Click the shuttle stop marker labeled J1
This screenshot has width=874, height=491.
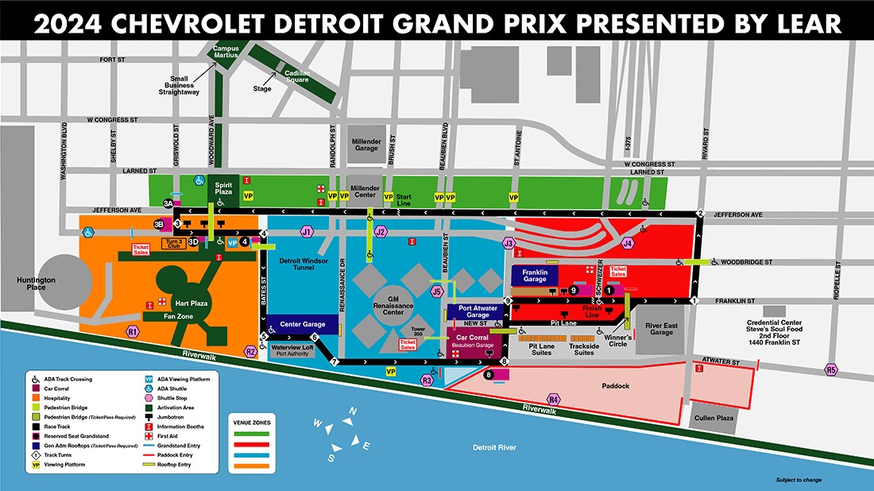click(x=306, y=232)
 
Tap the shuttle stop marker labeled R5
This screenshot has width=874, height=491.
click(x=831, y=369)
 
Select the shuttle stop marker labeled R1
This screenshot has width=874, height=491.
click(x=133, y=331)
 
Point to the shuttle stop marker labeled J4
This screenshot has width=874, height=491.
click(x=628, y=243)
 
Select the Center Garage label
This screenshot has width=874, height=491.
click(x=303, y=324)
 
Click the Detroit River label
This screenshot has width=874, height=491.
click(x=493, y=448)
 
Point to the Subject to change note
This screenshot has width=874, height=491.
click(x=799, y=480)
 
